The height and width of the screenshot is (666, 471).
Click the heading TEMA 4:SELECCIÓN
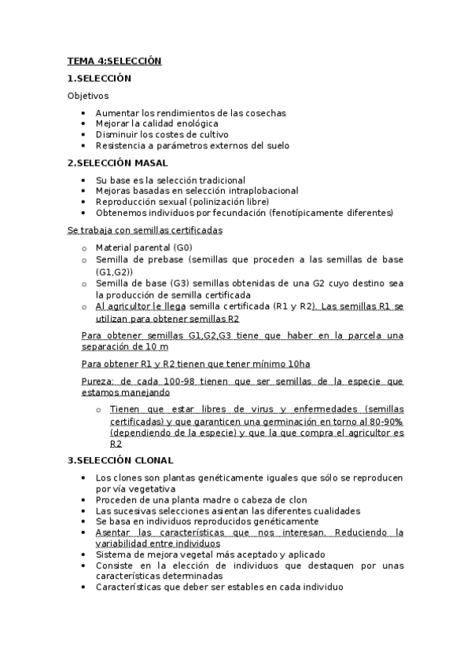114,60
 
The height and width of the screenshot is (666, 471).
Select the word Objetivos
88,96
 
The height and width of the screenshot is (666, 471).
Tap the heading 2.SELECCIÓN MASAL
117,163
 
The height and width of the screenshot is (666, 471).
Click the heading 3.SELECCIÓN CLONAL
120,460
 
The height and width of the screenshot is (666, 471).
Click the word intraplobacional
259,191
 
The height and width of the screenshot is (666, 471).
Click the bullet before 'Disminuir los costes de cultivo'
84,134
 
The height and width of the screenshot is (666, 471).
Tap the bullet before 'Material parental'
85,248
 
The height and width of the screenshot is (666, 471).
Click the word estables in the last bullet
235,587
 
